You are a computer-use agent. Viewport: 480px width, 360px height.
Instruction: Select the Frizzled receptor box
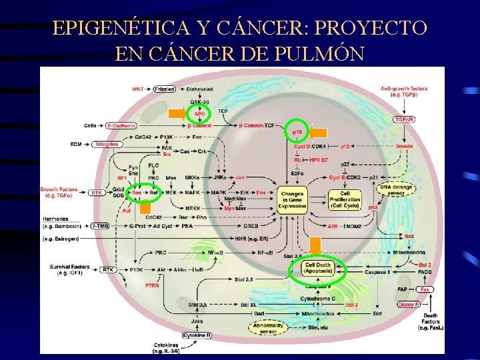coord(164,89)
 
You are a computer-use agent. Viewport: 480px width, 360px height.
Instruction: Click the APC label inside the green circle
coord(199,114)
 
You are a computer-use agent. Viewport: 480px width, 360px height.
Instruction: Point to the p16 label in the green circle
coord(297,133)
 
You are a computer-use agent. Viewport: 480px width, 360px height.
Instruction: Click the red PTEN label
coord(151,285)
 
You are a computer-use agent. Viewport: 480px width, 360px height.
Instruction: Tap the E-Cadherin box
coord(121,125)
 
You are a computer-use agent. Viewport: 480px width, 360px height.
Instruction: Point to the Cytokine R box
coord(196,335)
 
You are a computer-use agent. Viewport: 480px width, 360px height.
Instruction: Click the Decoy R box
coord(409,305)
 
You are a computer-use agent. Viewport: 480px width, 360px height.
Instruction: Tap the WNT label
coord(138,89)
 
